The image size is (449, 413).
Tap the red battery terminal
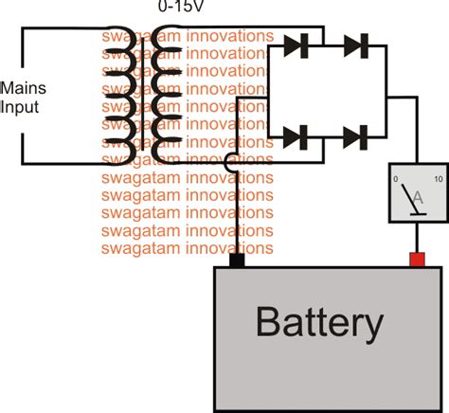[417, 260]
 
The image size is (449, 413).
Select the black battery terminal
[237, 260]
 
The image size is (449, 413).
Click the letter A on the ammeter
[418, 198]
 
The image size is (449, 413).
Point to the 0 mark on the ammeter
[395, 179]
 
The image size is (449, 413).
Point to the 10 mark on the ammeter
[439, 179]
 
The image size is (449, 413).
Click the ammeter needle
[409, 198]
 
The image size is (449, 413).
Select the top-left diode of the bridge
[296, 45]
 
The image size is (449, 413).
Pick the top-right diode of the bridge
[356, 45]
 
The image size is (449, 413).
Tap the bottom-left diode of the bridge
[296, 137]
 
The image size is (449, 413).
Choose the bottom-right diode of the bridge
[355, 137]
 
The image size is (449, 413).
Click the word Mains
[24, 88]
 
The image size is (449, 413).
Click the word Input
[19, 107]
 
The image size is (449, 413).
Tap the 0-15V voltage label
[181, 7]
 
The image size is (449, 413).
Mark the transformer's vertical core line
[143, 94]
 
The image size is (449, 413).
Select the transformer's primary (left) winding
[120, 96]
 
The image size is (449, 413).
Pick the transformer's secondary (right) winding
[167, 95]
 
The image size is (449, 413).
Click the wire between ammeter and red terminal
[417, 238]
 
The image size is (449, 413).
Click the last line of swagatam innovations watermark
[188, 248]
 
